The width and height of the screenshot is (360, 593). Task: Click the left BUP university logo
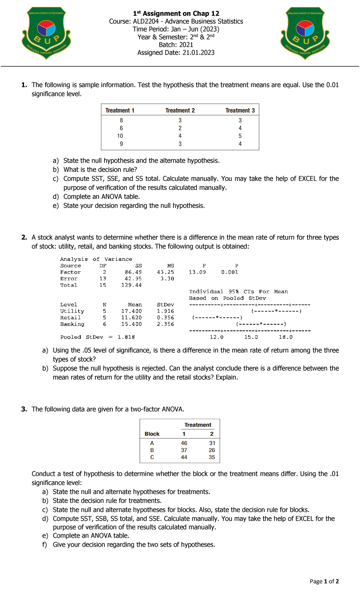[x=46, y=33]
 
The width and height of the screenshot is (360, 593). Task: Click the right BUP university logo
[x=305, y=33]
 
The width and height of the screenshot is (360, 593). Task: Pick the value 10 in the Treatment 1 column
[x=120, y=136]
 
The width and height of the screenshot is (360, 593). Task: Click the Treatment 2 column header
[x=180, y=110]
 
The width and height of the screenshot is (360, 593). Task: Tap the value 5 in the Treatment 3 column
[x=240, y=136]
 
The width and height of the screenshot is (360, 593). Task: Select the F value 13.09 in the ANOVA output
[x=197, y=272]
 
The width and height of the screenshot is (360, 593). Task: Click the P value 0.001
[x=229, y=272]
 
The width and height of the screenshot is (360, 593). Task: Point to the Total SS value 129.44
[x=131, y=285]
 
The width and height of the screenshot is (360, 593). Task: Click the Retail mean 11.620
[x=131, y=318]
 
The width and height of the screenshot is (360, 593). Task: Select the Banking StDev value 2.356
[x=165, y=324]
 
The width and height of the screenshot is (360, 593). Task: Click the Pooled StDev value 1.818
[x=126, y=337]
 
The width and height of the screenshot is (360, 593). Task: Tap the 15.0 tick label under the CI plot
[x=251, y=337]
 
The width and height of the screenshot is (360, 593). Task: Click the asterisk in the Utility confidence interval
[x=276, y=311]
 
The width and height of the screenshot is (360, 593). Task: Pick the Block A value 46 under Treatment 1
[x=184, y=443]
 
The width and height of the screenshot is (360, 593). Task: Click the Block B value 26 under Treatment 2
[x=212, y=450]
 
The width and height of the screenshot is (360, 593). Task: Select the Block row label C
[x=152, y=457]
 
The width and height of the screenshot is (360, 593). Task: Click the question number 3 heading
[x=24, y=409]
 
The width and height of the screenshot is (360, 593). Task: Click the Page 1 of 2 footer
[x=324, y=581]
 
